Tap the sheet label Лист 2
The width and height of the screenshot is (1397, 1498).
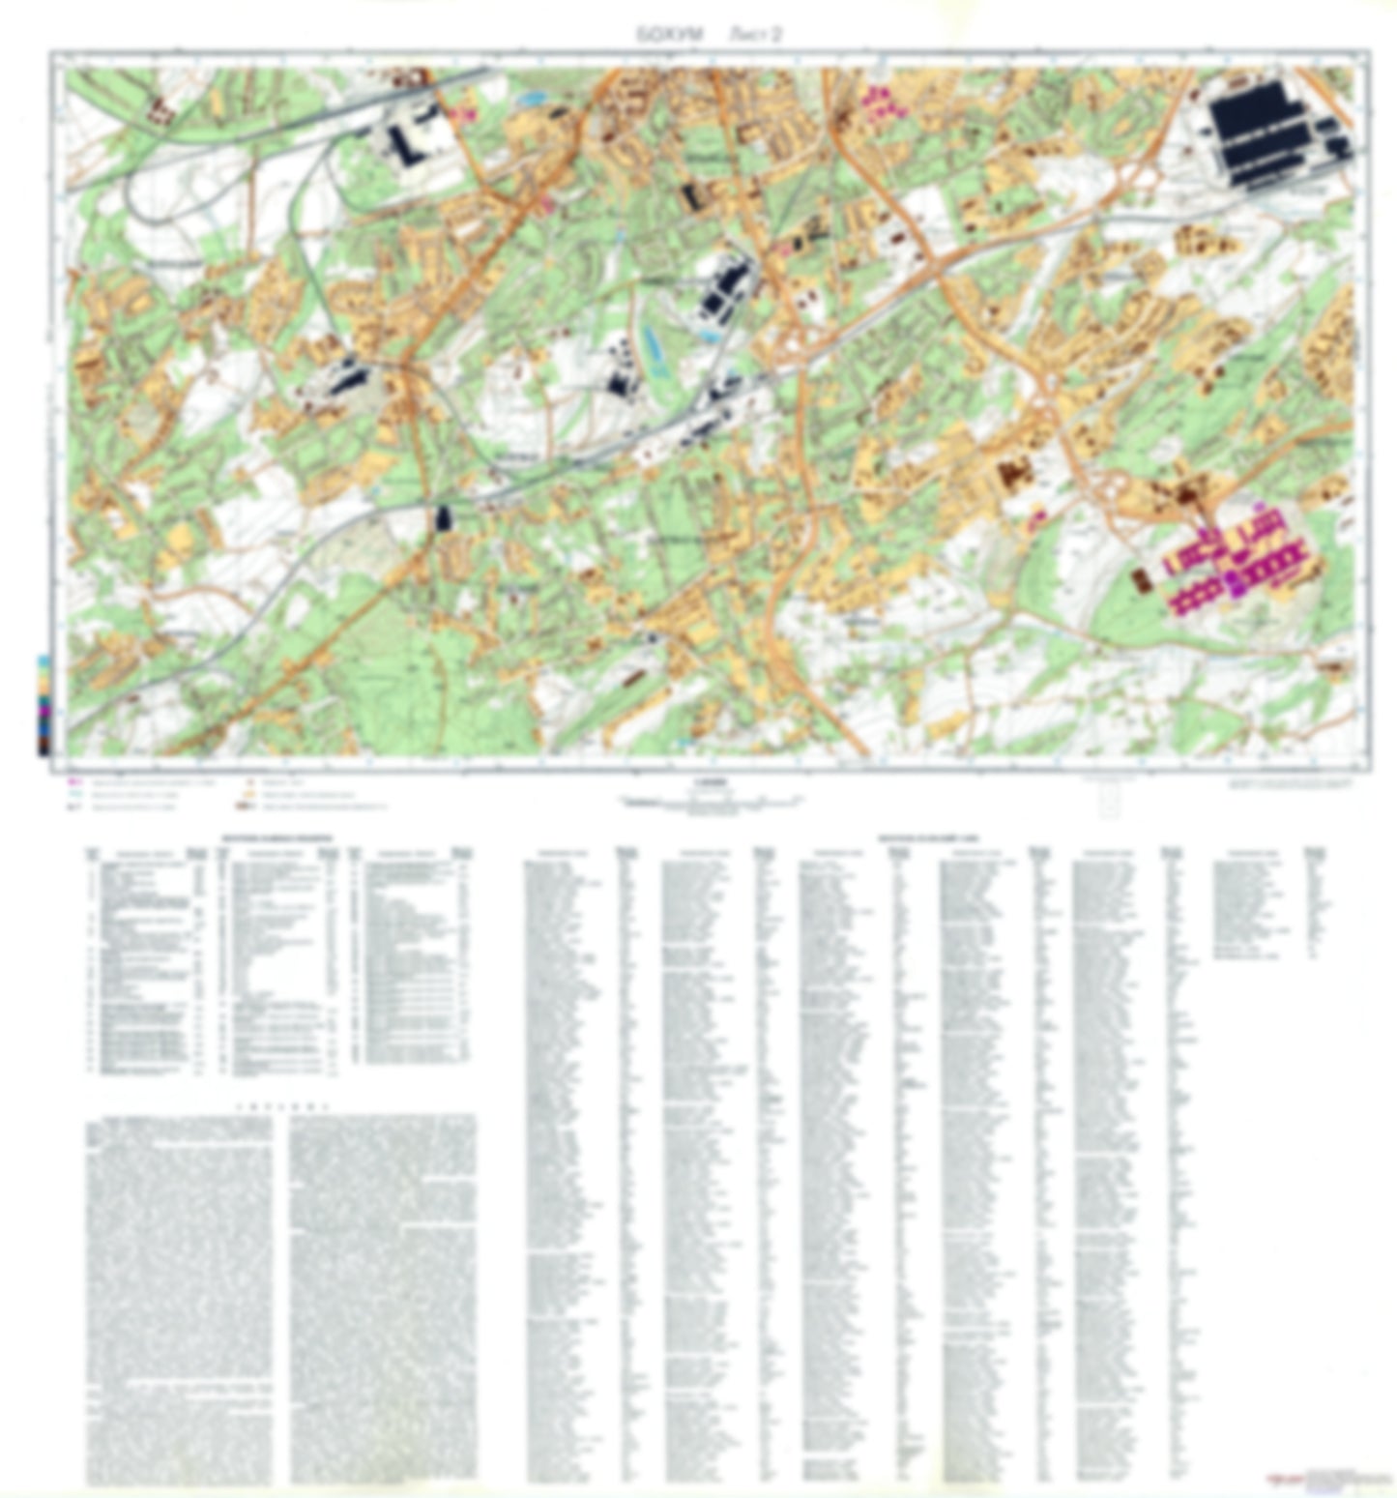tap(754, 34)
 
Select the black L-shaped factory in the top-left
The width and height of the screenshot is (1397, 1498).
tap(410, 141)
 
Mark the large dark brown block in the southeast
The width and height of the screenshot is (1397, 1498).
tap(1014, 473)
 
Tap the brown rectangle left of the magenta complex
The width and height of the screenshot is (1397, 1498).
tap(1142, 581)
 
